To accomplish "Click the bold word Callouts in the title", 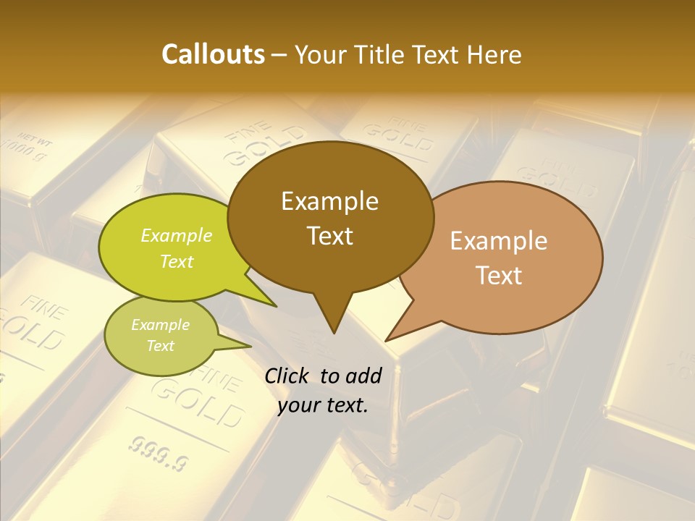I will point(213,54).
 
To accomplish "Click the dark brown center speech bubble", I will point(330,217).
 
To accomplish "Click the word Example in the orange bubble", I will point(499,241).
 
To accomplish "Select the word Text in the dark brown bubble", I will point(330,236).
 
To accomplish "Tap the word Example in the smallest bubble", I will point(160,325).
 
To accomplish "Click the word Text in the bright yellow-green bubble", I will point(177,261).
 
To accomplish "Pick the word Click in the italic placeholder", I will point(287,375).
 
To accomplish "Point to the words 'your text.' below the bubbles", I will point(323,405).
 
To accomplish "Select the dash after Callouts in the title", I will point(279,54).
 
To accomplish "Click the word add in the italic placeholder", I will point(363,375).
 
